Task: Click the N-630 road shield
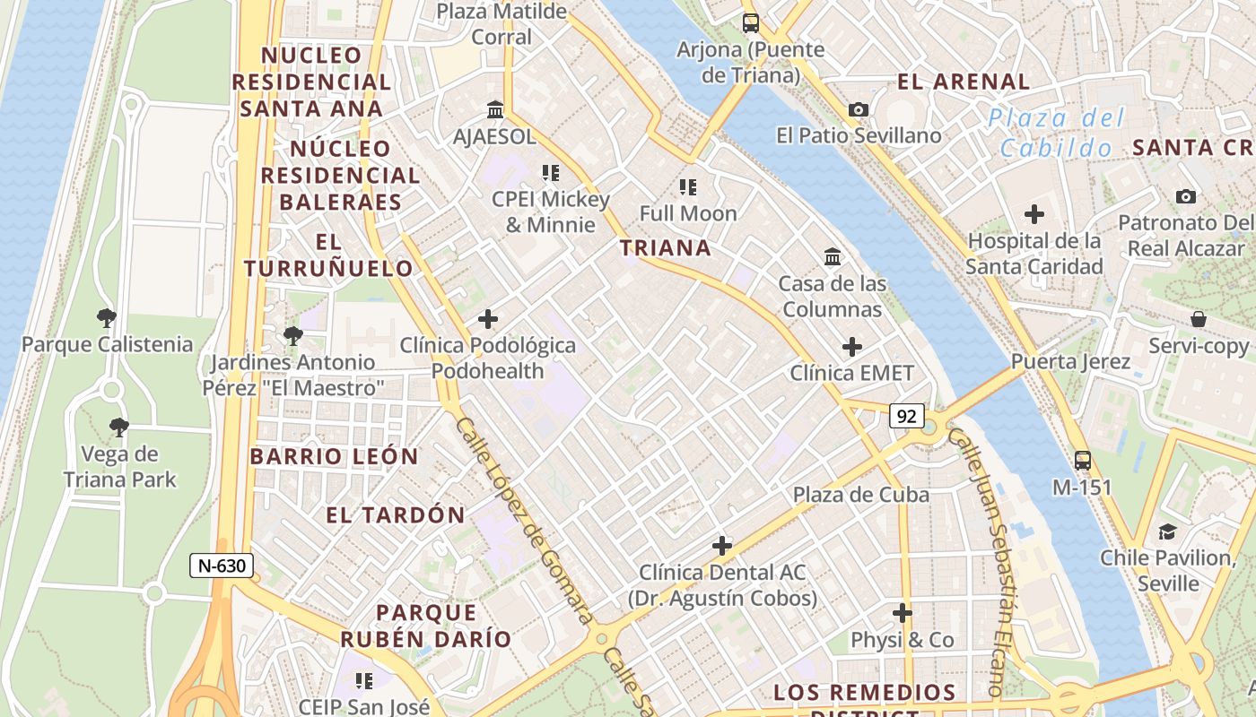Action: pos(222,566)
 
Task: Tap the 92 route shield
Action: pos(907,416)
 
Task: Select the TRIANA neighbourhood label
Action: pos(666,248)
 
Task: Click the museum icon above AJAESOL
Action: pos(494,110)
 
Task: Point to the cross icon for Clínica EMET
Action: pos(851,347)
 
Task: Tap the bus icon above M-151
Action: pos(1083,461)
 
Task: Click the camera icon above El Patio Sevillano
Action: pos(859,109)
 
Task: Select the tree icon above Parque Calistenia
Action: pos(107,317)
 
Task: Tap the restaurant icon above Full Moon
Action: pos(688,187)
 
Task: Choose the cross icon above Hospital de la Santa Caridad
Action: pos(1034,214)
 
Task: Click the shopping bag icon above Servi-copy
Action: pos(1199,319)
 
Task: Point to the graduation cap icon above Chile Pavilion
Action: pos(1167,531)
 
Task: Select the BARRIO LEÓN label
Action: pos(335,456)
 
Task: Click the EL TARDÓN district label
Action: pos(396,515)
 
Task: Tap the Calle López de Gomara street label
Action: pos(524,520)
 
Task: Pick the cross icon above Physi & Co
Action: pos(902,614)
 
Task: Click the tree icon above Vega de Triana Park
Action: pos(118,427)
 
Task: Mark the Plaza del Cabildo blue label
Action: pos(1056,132)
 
